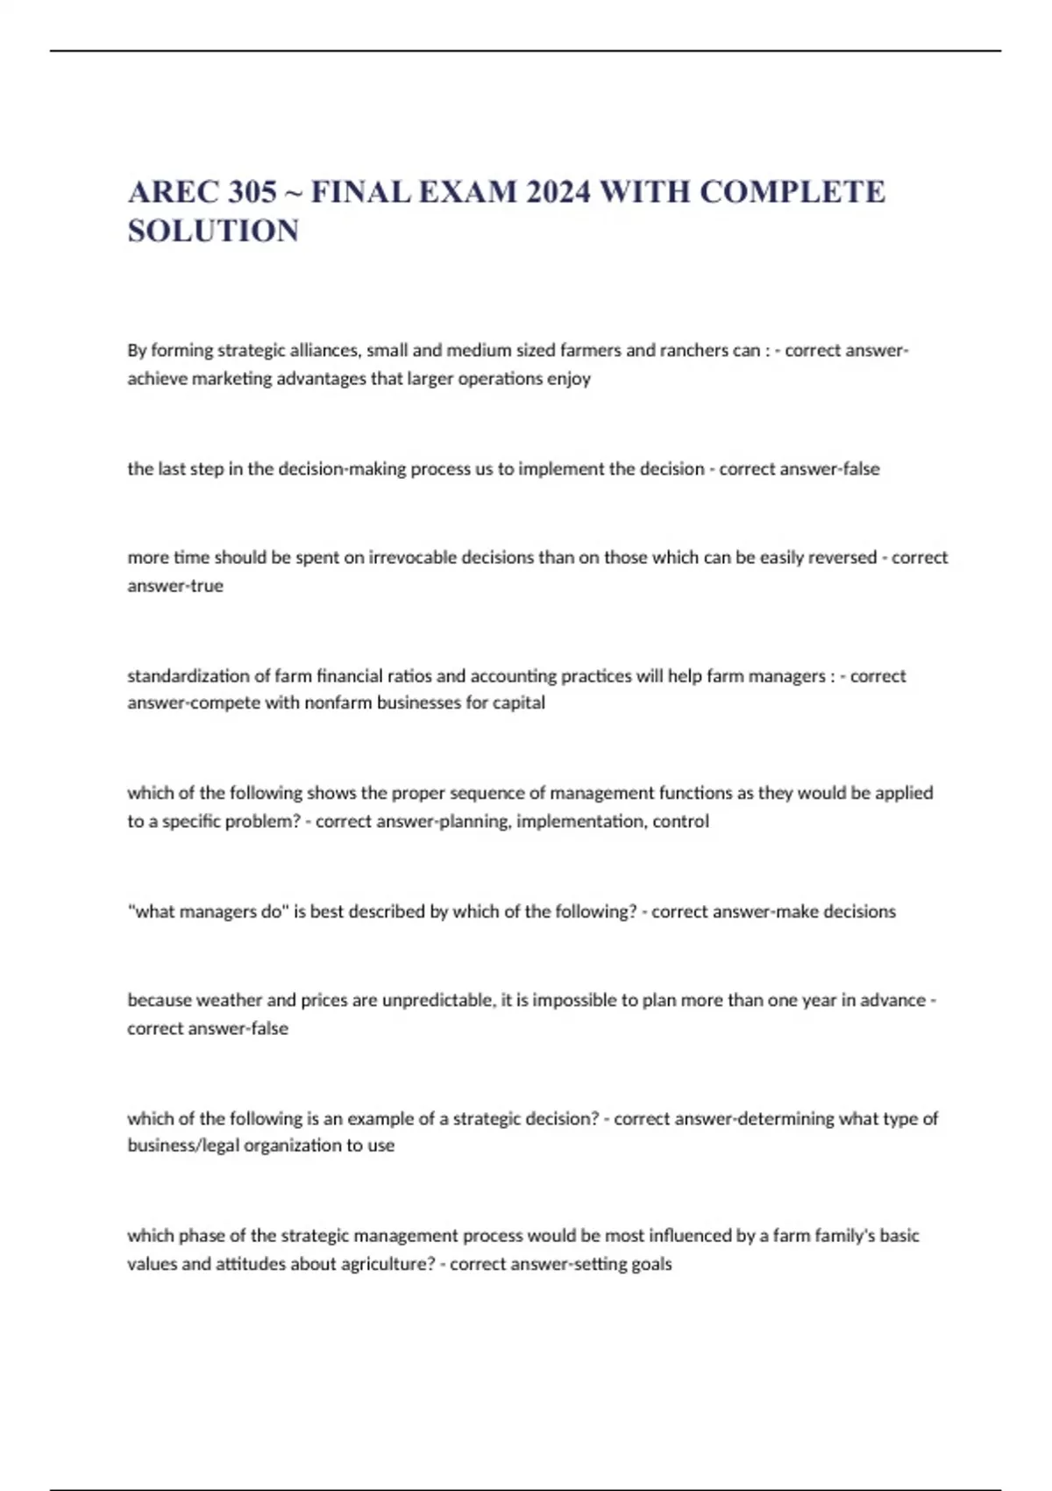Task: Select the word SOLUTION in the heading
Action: (x=213, y=232)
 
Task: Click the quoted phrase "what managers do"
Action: (x=208, y=912)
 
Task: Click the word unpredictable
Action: (x=438, y=1001)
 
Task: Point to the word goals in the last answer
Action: (x=651, y=1265)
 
